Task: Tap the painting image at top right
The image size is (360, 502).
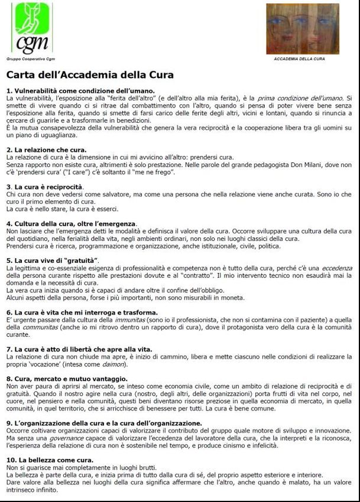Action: coord(302,29)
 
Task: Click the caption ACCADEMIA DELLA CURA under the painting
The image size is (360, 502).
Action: coord(299,59)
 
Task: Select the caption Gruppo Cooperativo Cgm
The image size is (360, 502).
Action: coord(26,59)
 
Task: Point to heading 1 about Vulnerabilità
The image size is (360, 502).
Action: coord(81,90)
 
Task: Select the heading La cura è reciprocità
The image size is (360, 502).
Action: coord(45,187)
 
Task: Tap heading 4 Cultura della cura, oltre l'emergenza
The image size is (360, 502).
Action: coord(72,224)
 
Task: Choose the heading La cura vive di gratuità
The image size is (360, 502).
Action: coord(53,260)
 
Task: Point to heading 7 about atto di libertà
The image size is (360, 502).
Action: coord(79,349)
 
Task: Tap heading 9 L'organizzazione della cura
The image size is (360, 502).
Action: coord(104,423)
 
